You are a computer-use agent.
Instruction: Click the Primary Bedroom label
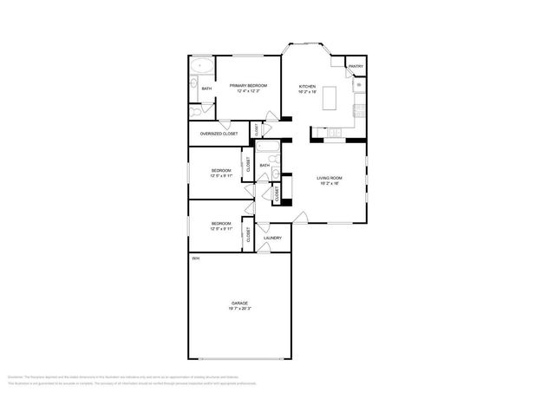tap(248, 85)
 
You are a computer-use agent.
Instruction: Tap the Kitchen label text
tap(307, 86)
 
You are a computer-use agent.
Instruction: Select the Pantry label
tap(356, 67)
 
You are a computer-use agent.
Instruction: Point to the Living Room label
tap(329, 178)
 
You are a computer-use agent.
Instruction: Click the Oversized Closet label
tap(219, 134)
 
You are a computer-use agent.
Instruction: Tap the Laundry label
tap(272, 237)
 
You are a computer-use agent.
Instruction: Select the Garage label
tap(239, 303)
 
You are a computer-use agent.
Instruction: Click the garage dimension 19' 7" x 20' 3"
tap(239, 309)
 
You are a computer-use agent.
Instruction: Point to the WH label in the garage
tap(195, 259)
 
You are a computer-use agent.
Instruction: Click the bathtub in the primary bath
tap(202, 66)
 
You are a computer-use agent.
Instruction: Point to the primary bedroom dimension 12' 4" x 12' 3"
tap(248, 91)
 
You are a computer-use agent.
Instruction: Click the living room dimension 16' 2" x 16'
tap(329, 184)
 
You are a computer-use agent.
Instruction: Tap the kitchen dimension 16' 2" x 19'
tap(307, 92)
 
